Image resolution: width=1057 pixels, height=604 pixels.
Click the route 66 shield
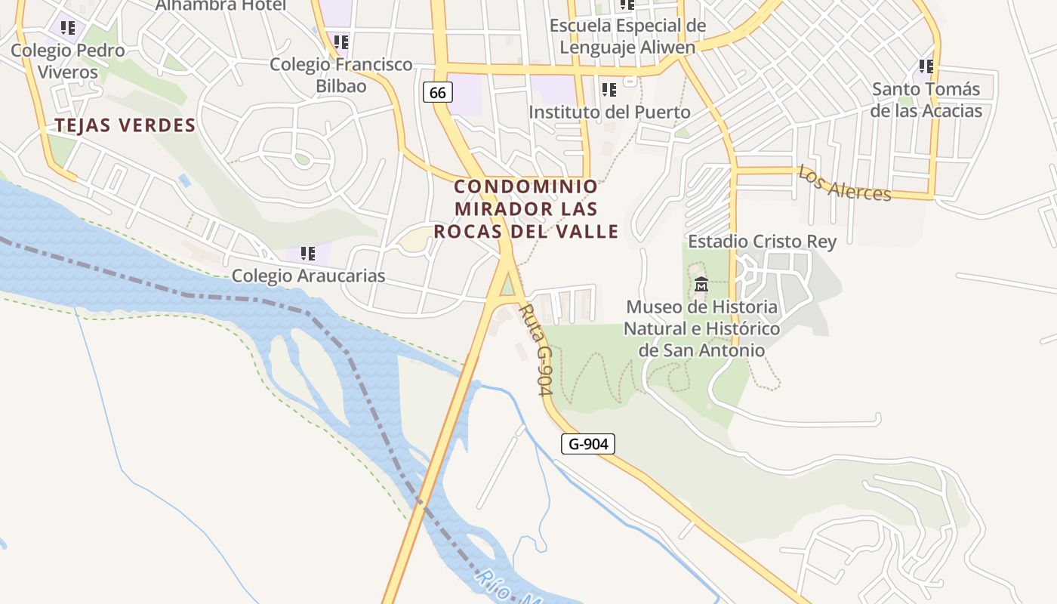pos(437,93)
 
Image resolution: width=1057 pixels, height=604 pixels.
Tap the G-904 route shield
pos(587,444)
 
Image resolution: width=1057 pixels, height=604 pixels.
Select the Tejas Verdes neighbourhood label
pos(125,125)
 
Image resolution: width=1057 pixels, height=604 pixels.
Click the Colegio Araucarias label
pos(308,276)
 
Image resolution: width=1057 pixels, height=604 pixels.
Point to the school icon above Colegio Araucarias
pos(307,254)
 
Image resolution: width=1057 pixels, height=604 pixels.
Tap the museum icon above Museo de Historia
pos(701,285)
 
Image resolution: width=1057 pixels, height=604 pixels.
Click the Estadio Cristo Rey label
pos(762,242)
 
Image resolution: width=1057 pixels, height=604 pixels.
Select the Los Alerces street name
pos(844,183)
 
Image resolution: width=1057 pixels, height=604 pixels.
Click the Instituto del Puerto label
pos(609,112)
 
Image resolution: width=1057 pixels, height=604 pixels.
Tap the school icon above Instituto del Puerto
pos(609,91)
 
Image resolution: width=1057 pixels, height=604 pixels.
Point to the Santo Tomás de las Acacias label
pos(926,100)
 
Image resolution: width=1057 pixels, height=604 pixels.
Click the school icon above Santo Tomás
pos(926,66)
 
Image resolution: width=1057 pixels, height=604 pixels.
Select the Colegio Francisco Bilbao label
pos(341,75)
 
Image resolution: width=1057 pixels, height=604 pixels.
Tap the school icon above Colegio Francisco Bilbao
pos(341,42)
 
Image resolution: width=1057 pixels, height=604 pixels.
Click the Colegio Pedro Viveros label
pos(67,61)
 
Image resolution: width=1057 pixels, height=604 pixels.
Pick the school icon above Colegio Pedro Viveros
pos(68,28)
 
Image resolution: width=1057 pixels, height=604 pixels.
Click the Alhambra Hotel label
pos(220,6)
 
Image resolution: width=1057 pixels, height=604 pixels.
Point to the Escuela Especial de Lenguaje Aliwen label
pos(627,36)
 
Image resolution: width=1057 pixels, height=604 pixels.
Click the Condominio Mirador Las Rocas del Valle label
pos(526,208)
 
